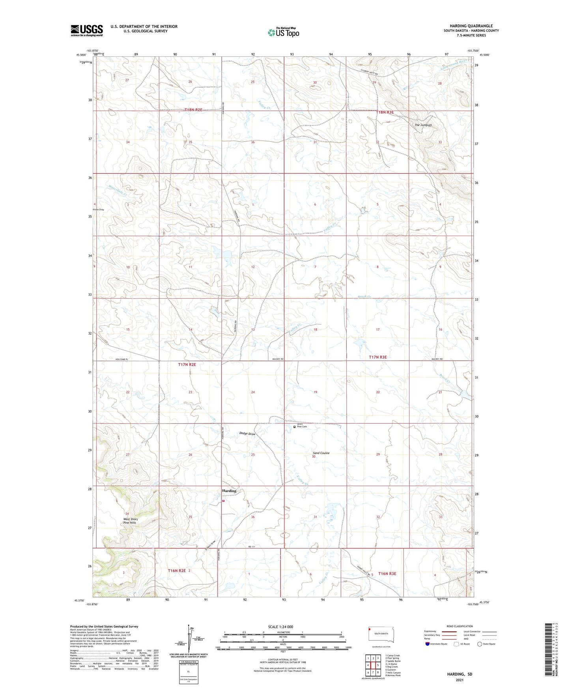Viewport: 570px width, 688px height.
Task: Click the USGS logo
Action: click(87, 30)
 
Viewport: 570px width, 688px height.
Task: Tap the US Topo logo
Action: click(283, 32)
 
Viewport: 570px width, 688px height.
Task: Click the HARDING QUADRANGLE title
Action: click(471, 26)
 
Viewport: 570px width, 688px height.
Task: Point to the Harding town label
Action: click(229, 491)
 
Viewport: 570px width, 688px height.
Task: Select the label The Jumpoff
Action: click(423, 125)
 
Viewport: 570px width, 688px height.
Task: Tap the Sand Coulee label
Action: click(321, 453)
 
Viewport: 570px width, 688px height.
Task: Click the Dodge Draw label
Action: click(247, 433)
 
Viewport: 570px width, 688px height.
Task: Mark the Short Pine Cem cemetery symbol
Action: click(294, 426)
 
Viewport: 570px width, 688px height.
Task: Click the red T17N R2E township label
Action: click(187, 365)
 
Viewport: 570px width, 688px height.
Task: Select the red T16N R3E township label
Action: click(387, 574)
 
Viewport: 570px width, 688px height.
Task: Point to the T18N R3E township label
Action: click(385, 112)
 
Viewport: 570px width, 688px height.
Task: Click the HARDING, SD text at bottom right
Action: click(460, 674)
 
